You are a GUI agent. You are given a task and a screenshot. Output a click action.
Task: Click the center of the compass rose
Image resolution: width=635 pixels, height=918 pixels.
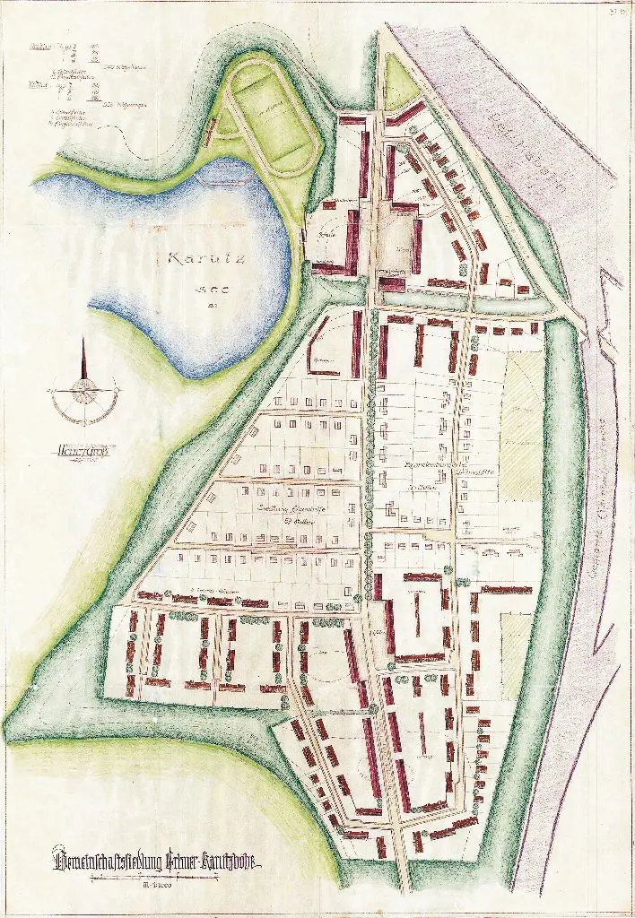[84, 387]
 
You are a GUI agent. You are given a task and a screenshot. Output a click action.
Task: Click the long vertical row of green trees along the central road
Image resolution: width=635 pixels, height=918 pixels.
[369, 448]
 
